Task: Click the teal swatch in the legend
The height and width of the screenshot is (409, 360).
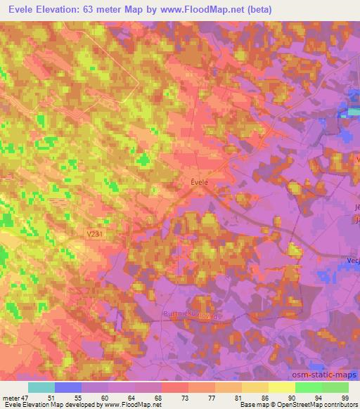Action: pos(41,387)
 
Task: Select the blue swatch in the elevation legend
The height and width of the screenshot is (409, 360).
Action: pos(68,387)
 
